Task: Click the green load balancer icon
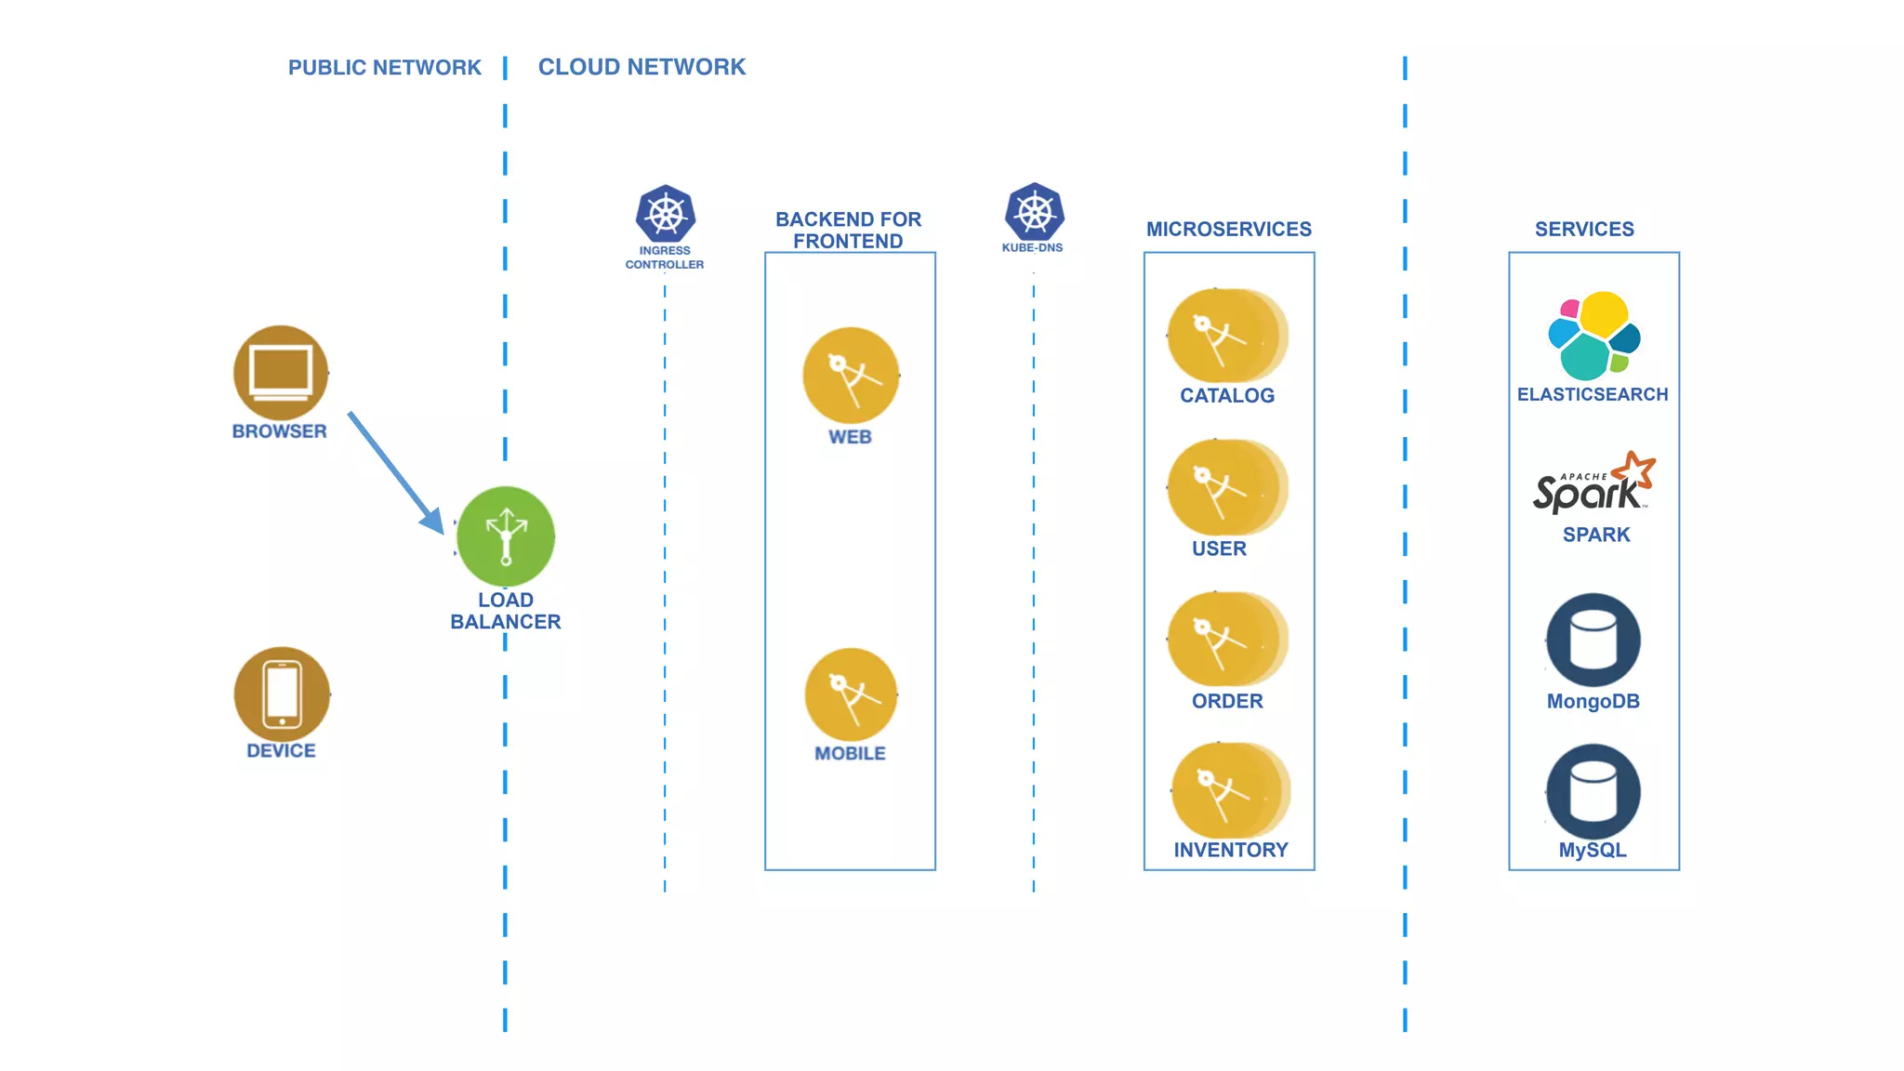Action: (x=506, y=536)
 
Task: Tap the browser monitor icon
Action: (x=281, y=372)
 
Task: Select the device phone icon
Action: (x=282, y=694)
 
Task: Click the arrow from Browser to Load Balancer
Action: (x=395, y=471)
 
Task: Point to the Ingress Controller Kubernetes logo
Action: (x=665, y=215)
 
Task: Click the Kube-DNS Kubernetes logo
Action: (x=1034, y=212)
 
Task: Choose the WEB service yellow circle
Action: (x=851, y=376)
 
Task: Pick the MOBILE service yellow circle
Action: (x=851, y=694)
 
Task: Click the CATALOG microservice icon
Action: (x=1226, y=336)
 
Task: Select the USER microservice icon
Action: (x=1226, y=487)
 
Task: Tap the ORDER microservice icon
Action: (x=1226, y=640)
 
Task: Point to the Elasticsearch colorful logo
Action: (x=1593, y=336)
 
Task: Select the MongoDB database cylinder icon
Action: (x=1593, y=641)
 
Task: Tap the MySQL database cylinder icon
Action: (x=1593, y=791)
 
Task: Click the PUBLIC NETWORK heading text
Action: (x=384, y=68)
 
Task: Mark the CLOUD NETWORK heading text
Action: (x=641, y=67)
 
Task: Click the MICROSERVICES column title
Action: (x=1228, y=229)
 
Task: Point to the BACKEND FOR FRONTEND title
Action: (x=848, y=230)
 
